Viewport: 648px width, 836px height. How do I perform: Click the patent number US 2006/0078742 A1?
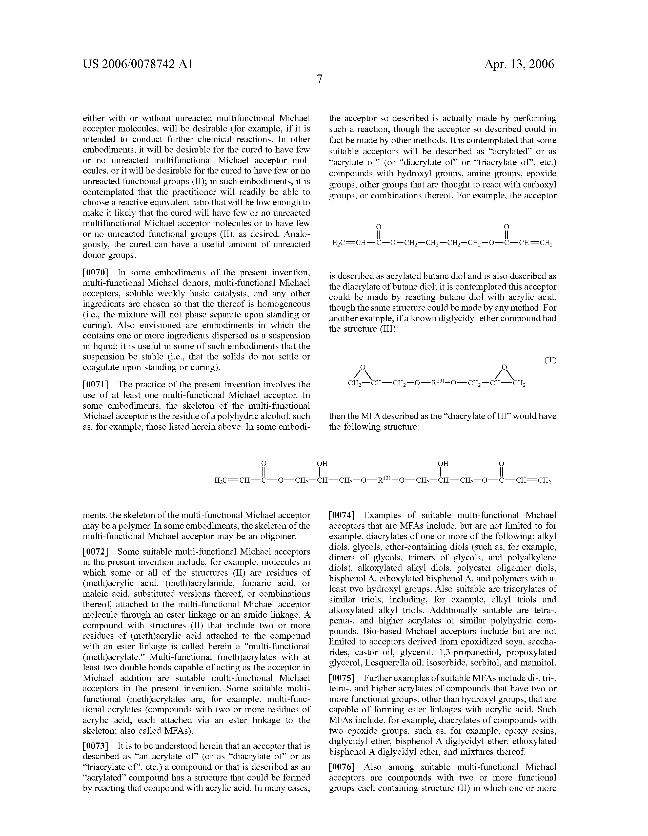138,64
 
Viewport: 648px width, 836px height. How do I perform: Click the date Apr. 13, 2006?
519,64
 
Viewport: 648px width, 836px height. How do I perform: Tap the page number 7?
319,79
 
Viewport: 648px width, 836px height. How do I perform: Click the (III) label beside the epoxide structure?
550,360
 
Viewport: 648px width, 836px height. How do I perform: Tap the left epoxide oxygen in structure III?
363,367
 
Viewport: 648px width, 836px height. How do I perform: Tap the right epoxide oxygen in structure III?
504,367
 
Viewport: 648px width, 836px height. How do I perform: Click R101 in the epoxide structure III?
437,382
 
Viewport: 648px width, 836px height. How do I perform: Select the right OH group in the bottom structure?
443,463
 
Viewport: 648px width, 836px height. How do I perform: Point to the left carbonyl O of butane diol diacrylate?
379,227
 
